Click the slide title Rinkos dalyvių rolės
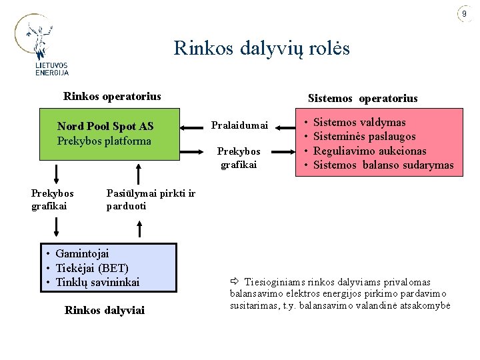(x=262, y=49)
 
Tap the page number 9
(x=465, y=13)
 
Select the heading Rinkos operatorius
(x=112, y=97)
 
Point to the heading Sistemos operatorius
(x=363, y=98)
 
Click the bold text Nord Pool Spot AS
(x=105, y=126)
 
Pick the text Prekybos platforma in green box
(x=104, y=141)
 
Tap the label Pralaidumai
(x=239, y=125)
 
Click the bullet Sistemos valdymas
(x=359, y=123)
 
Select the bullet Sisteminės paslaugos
(x=365, y=137)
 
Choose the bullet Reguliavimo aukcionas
(x=370, y=151)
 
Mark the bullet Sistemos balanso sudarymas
(x=383, y=165)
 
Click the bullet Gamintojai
(x=82, y=254)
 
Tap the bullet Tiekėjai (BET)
(x=92, y=268)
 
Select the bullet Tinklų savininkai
(x=97, y=282)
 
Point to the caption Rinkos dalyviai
(x=105, y=311)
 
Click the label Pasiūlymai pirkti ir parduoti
(x=151, y=199)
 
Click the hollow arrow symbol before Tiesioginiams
(x=235, y=281)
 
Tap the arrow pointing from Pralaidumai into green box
(x=191, y=127)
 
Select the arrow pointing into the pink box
(x=283, y=151)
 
